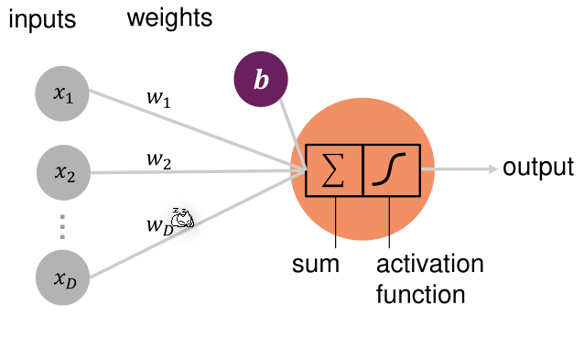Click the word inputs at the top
pos(41,19)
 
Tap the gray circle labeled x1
pos(63,93)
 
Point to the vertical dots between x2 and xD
pos(63,224)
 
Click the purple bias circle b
pos(262,80)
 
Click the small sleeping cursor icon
pos(183,216)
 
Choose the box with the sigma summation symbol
pos(334,170)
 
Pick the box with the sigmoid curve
pos(392,170)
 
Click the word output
pos(538,168)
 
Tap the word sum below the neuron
pos(316,266)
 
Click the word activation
pos(429,265)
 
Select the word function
pos(420,295)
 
